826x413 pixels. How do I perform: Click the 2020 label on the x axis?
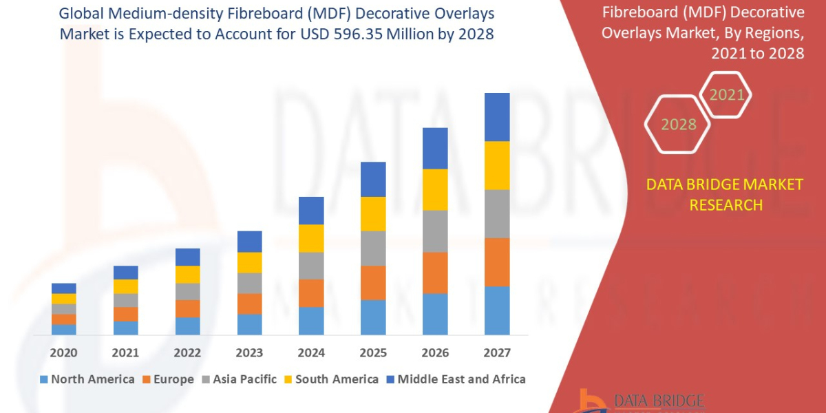point(63,353)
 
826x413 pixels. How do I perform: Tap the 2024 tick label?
point(311,353)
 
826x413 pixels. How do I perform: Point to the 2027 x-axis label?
point(497,353)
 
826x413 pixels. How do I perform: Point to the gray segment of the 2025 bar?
point(373,248)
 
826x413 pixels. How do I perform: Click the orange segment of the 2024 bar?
point(311,293)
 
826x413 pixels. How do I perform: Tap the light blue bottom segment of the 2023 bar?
point(249,324)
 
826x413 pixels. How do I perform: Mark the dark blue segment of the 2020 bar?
point(63,288)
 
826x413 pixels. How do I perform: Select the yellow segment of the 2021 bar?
point(125,286)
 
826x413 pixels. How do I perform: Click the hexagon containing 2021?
point(726,95)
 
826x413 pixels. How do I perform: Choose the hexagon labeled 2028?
point(678,125)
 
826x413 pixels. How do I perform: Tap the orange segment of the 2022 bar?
point(187,308)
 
